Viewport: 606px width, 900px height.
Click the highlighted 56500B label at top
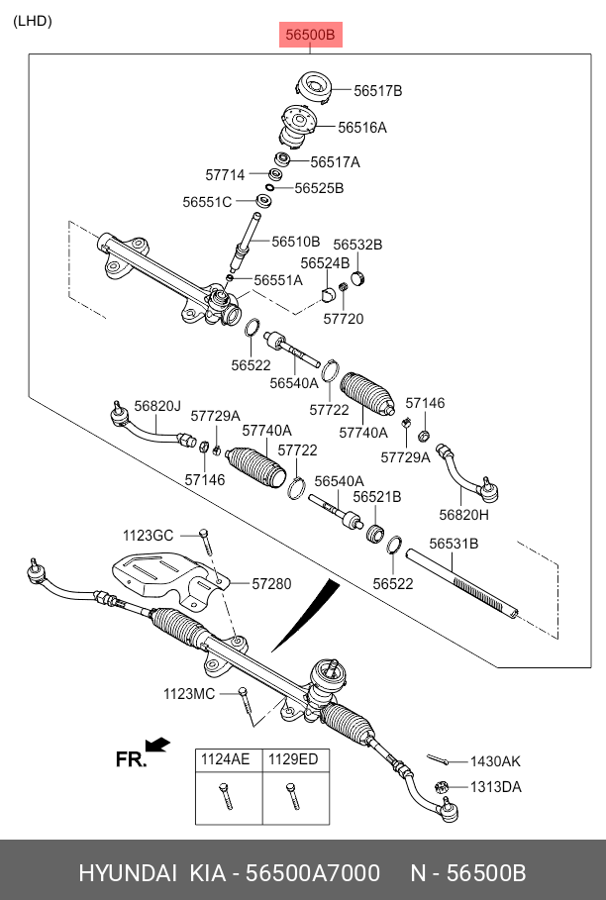pyautogui.click(x=311, y=36)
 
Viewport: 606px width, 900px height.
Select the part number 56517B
pyautogui.click(x=378, y=91)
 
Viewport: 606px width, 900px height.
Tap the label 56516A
pyautogui.click(x=362, y=128)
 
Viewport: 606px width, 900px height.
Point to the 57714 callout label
pyautogui.click(x=225, y=175)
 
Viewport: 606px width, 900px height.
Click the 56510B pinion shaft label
pyautogui.click(x=296, y=242)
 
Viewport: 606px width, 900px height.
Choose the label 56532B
pyautogui.click(x=357, y=245)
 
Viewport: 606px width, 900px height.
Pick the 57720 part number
pyautogui.click(x=344, y=319)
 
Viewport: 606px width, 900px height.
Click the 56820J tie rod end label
pyautogui.click(x=157, y=405)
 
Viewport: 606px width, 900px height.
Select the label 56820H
pyautogui.click(x=464, y=514)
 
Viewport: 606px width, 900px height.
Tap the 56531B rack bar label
pyautogui.click(x=454, y=544)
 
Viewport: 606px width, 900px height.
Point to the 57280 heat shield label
pyautogui.click(x=271, y=584)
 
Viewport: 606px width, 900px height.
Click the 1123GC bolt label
pyautogui.click(x=148, y=536)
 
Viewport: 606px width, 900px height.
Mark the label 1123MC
pyautogui.click(x=189, y=694)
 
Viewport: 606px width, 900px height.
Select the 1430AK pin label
pyautogui.click(x=495, y=761)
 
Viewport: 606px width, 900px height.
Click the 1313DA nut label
pyautogui.click(x=495, y=787)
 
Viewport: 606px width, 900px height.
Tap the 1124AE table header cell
pyautogui.click(x=226, y=759)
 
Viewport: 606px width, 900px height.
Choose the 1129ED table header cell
pyautogui.click(x=294, y=759)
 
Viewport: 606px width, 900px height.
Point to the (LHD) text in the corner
pyautogui.click(x=33, y=21)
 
